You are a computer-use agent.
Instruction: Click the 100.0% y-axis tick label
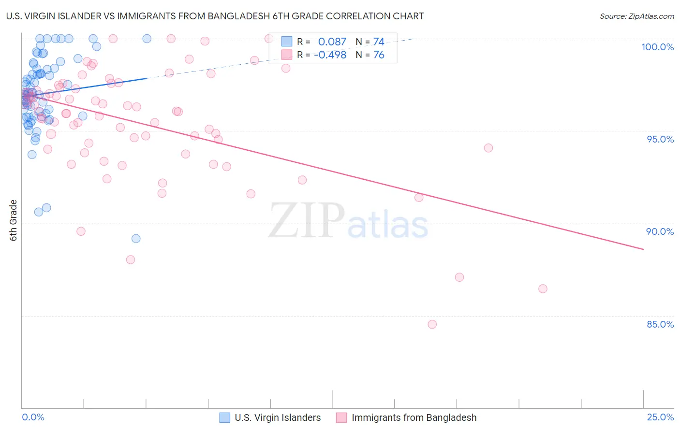coord(657,47)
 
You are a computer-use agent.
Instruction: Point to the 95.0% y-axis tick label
coord(660,139)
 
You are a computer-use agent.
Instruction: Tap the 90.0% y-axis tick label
coord(660,231)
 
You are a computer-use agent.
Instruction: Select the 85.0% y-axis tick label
coord(660,324)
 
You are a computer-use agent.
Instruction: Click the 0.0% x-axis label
coord(33,417)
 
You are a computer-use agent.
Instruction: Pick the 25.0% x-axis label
coord(660,417)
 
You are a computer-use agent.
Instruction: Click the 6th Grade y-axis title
coord(13,220)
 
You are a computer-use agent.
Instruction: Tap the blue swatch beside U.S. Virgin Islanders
coord(224,417)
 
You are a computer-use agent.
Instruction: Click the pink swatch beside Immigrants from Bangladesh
coord(341,417)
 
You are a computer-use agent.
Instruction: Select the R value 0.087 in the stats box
coord(332,42)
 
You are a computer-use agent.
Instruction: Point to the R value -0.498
coord(330,55)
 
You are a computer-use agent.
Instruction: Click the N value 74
coord(378,42)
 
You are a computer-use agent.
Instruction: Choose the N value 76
coord(378,55)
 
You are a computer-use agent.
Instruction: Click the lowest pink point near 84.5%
coord(432,324)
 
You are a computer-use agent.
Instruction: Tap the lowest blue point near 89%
coord(136,239)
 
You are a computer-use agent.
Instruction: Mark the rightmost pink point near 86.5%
coord(543,289)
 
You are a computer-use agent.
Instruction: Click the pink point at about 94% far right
coord(488,148)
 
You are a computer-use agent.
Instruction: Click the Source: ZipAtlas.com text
coord(636,16)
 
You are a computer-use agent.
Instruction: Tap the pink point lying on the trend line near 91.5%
coord(419,197)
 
